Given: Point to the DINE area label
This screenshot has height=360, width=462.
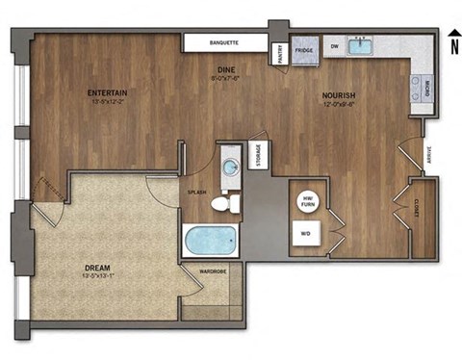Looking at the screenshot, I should coord(226,70).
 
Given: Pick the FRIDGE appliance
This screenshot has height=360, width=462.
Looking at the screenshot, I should coord(304,49).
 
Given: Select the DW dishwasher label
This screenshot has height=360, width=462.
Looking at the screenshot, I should coord(334,45).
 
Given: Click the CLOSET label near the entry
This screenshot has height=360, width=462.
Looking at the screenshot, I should coord(418,217).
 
